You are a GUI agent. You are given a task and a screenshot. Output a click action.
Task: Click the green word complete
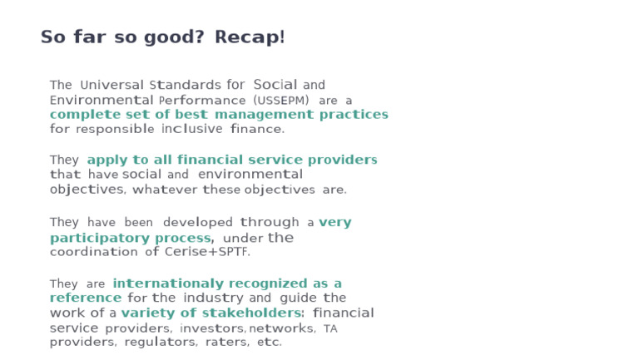pyautogui.click(x=84, y=115)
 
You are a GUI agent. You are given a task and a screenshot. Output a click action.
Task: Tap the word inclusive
pyautogui.click(x=192, y=129)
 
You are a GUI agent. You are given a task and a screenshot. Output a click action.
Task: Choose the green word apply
pyautogui.click(x=106, y=160)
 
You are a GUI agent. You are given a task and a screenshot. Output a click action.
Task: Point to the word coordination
pyautogui.click(x=94, y=252)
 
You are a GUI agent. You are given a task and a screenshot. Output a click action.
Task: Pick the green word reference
pyautogui.click(x=86, y=298)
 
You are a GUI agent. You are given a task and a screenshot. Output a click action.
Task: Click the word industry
pyautogui.click(x=214, y=298)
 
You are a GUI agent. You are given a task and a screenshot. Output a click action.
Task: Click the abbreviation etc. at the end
pyautogui.click(x=269, y=343)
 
